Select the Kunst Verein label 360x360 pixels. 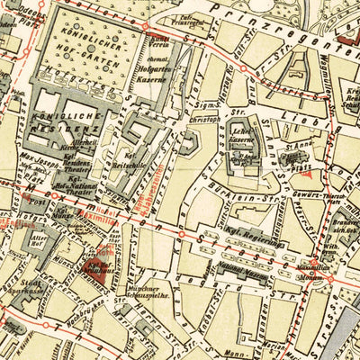pos(162,41)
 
